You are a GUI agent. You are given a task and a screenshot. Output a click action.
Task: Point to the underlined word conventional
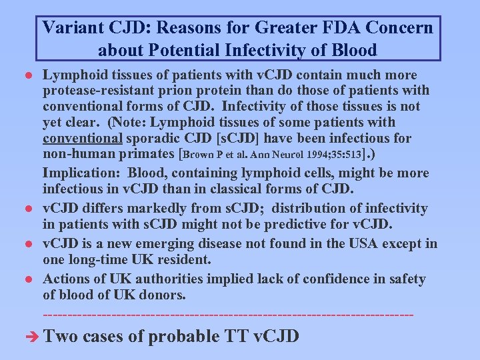point(82,139)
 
